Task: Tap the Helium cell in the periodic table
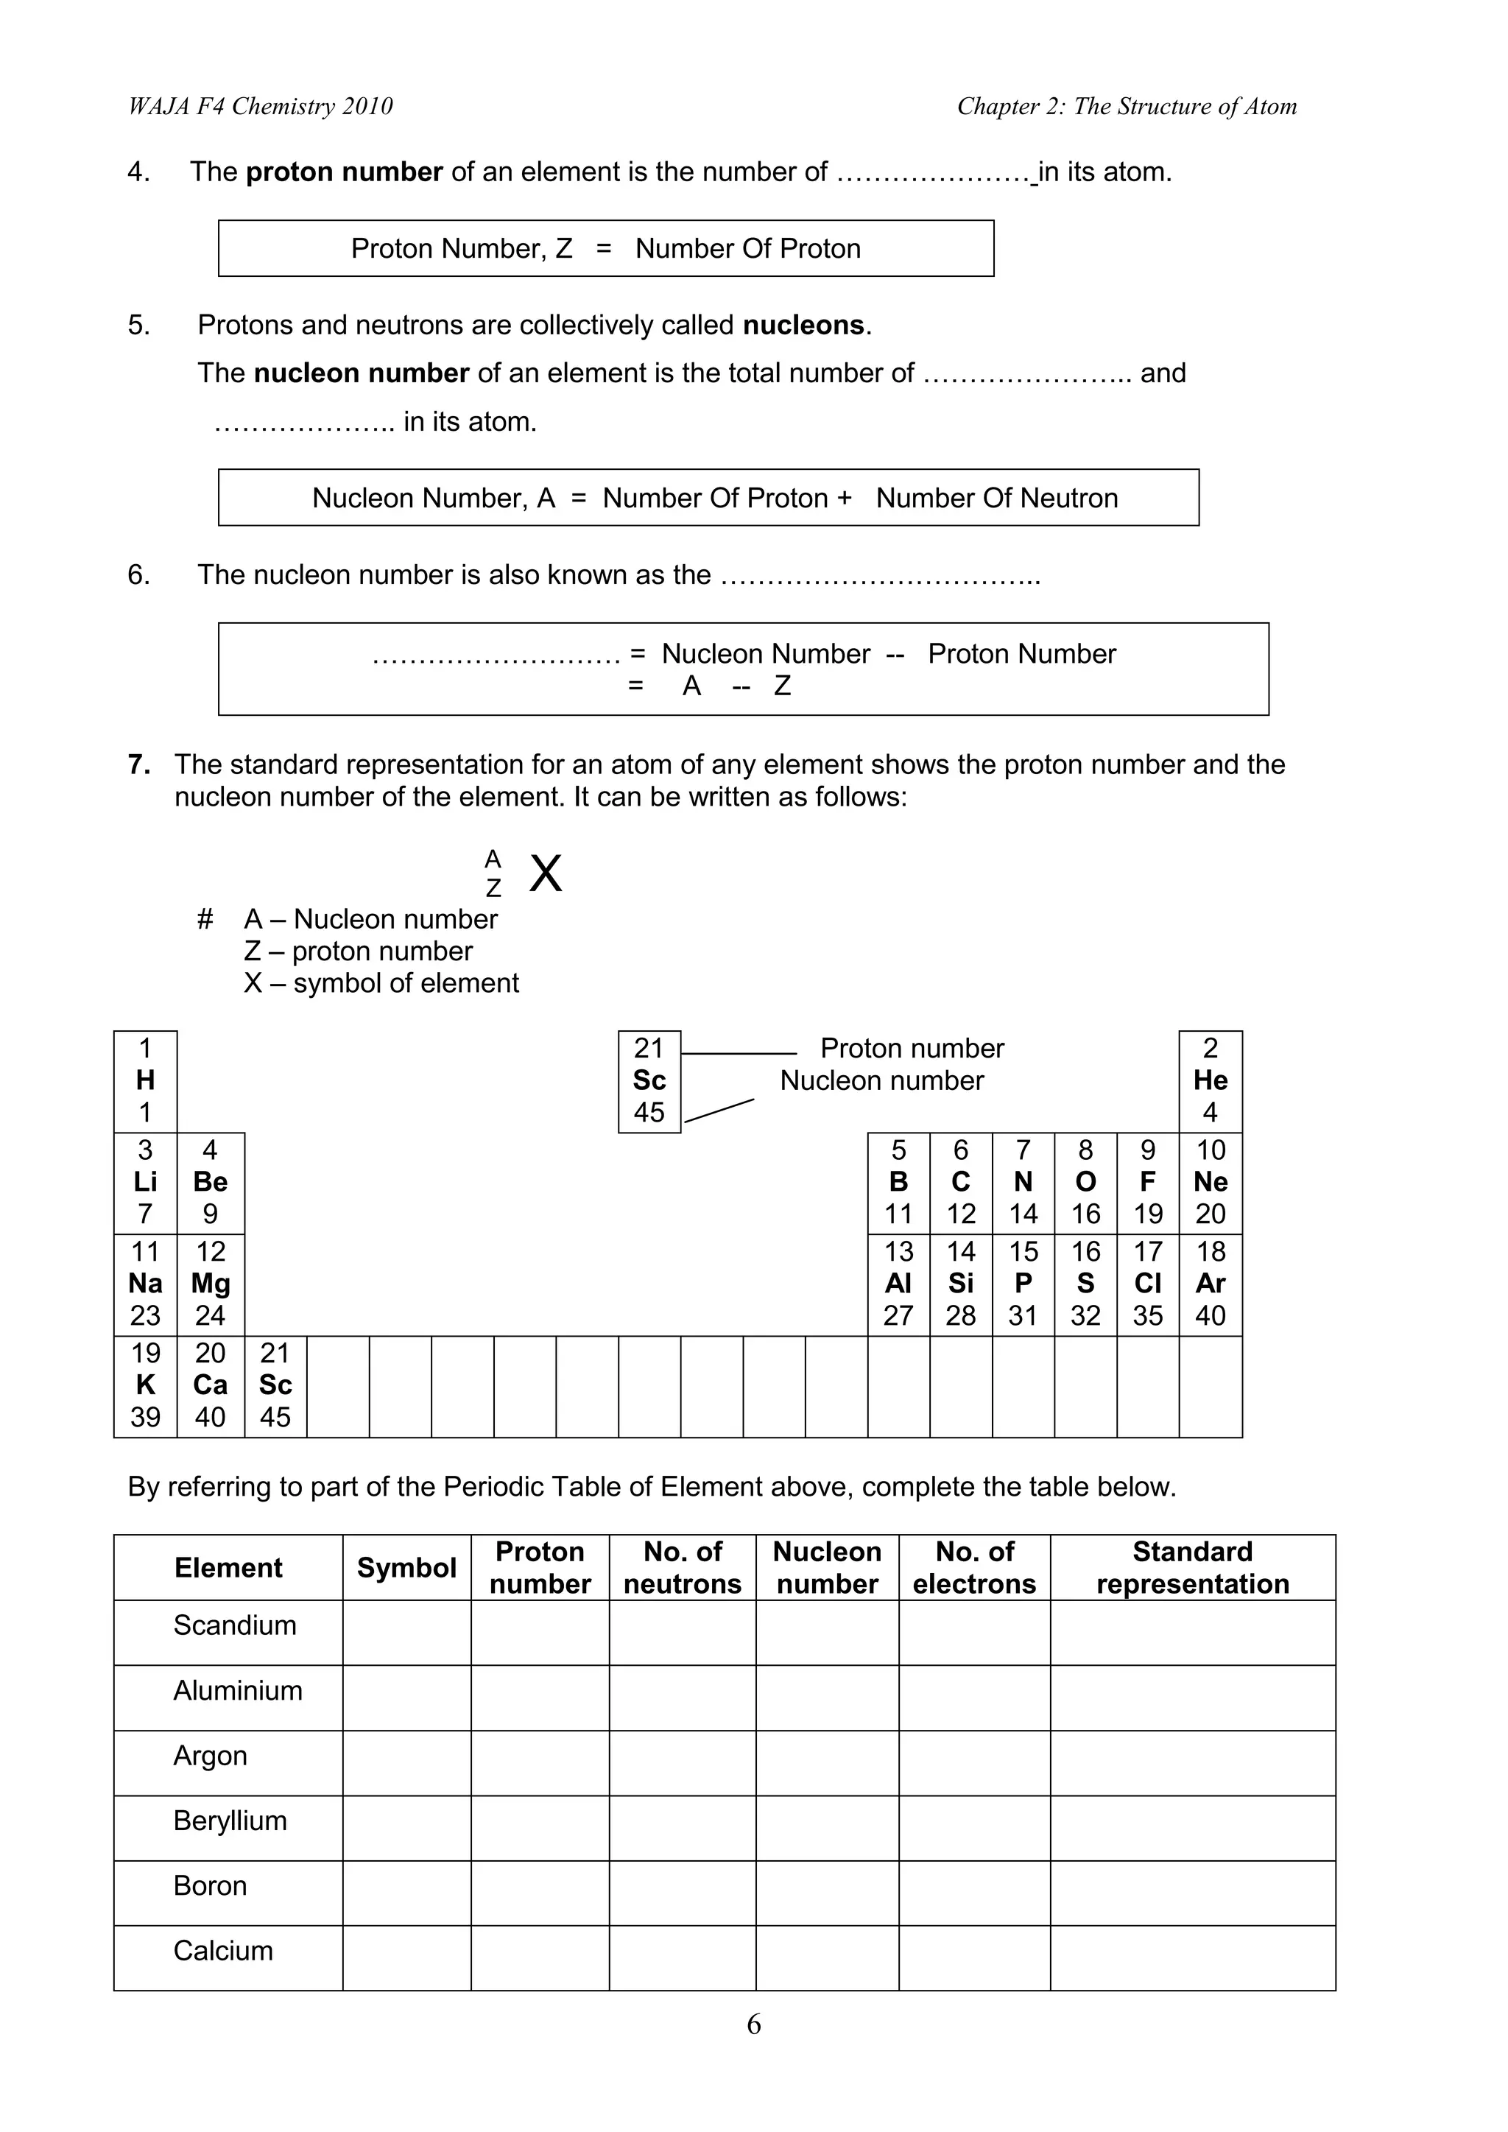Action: [1210, 1081]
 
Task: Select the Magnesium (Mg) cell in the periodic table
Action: [211, 1284]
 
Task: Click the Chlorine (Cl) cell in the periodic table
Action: [1148, 1284]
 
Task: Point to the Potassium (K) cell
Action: [145, 1385]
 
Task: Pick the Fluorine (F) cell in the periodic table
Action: [1148, 1182]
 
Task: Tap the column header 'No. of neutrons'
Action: [683, 1567]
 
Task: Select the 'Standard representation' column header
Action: [1192, 1567]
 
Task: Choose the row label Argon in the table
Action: [210, 1755]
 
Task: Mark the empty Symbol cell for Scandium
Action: [406, 1633]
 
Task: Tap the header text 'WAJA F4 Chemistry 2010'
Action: [260, 107]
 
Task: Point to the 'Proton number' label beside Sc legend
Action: [912, 1049]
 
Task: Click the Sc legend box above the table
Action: [649, 1081]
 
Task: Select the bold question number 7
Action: [139, 764]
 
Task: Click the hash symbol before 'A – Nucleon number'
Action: [205, 919]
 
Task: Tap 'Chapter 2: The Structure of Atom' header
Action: [1127, 107]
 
